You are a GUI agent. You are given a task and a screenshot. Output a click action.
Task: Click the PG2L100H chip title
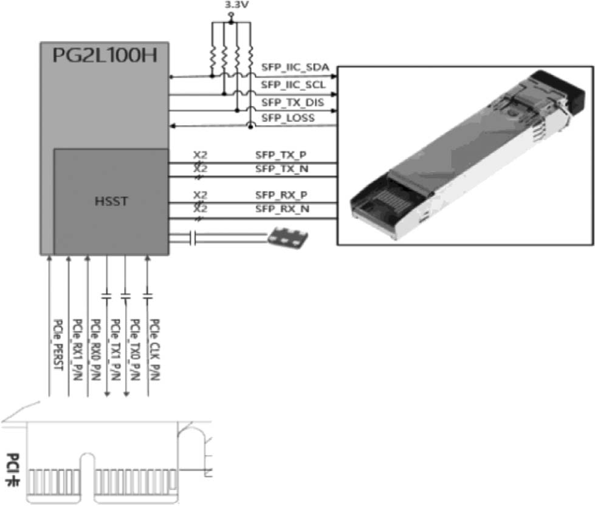click(x=105, y=55)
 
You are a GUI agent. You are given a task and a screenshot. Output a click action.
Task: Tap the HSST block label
click(x=111, y=201)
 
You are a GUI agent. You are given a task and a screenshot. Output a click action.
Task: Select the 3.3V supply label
click(x=236, y=5)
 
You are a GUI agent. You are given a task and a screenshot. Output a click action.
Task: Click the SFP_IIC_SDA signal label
click(x=295, y=68)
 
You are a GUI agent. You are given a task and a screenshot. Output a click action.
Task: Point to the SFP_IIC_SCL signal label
click(x=293, y=85)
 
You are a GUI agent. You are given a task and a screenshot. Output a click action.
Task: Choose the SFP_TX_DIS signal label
click(x=292, y=103)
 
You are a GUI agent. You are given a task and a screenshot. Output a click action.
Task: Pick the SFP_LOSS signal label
click(x=288, y=118)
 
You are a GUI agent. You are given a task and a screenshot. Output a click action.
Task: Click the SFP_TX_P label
click(x=281, y=155)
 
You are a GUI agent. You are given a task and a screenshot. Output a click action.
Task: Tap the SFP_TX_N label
click(x=281, y=168)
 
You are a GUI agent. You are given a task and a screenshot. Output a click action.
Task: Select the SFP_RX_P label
click(x=281, y=195)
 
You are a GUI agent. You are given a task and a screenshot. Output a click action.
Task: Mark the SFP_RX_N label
click(x=283, y=209)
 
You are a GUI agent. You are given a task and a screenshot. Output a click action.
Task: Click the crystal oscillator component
click(x=287, y=238)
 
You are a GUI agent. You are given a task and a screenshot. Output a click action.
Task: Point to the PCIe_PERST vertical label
click(x=58, y=345)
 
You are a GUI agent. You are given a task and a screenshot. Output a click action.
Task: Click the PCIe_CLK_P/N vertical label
click(x=154, y=350)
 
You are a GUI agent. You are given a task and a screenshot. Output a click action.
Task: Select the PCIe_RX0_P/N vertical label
click(x=96, y=350)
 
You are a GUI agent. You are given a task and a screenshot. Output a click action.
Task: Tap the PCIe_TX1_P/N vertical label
click(x=115, y=350)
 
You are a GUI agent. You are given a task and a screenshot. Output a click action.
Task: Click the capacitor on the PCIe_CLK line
click(x=148, y=296)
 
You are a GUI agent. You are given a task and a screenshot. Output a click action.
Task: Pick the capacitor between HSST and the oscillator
click(x=193, y=238)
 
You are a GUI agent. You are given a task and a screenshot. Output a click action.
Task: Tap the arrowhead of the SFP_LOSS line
click(x=172, y=126)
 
